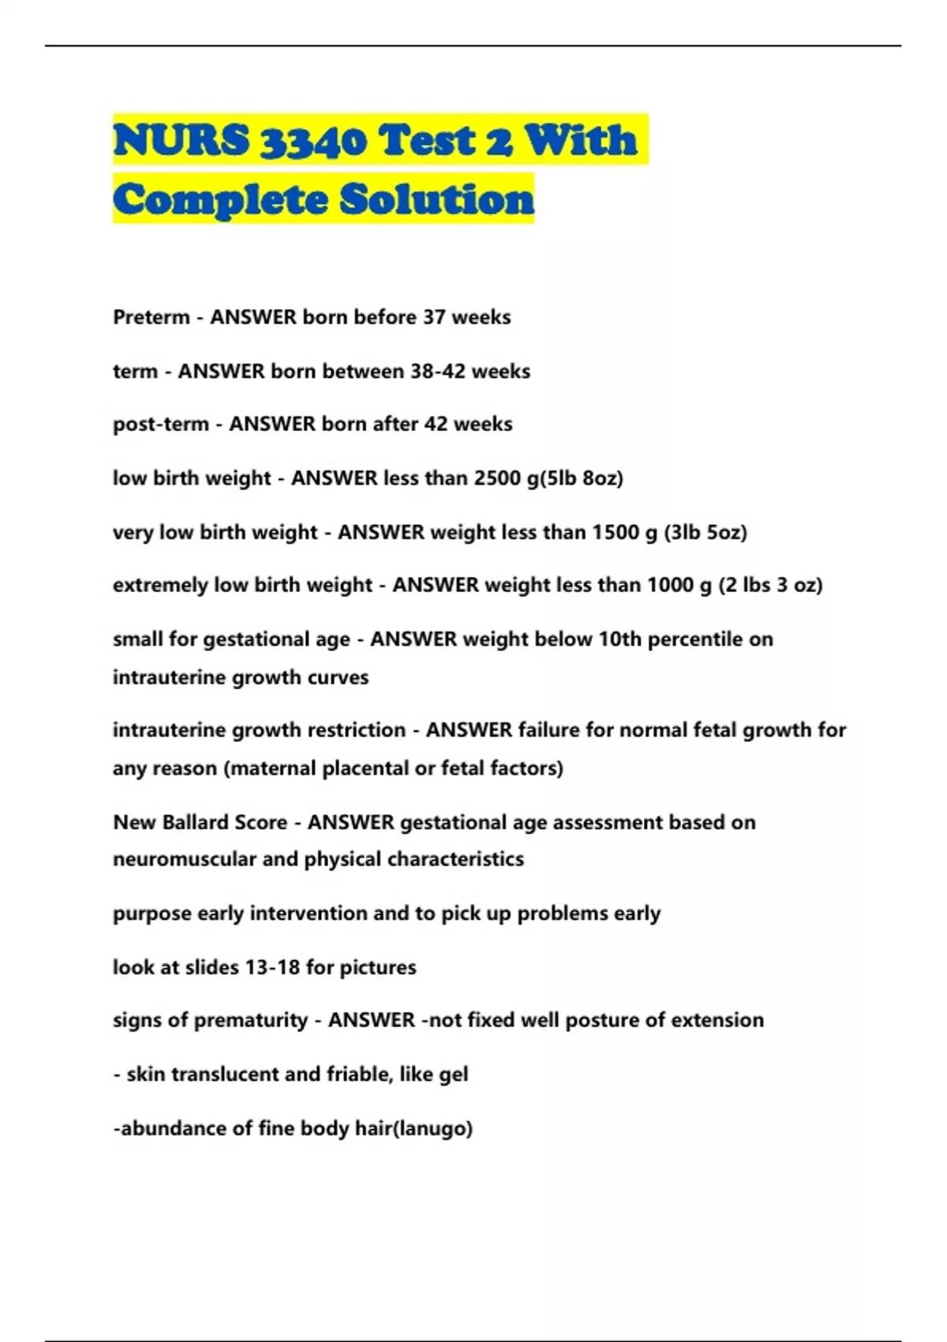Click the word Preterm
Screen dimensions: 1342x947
(152, 317)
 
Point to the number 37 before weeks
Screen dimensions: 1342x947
(434, 317)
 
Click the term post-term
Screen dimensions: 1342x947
(161, 425)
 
